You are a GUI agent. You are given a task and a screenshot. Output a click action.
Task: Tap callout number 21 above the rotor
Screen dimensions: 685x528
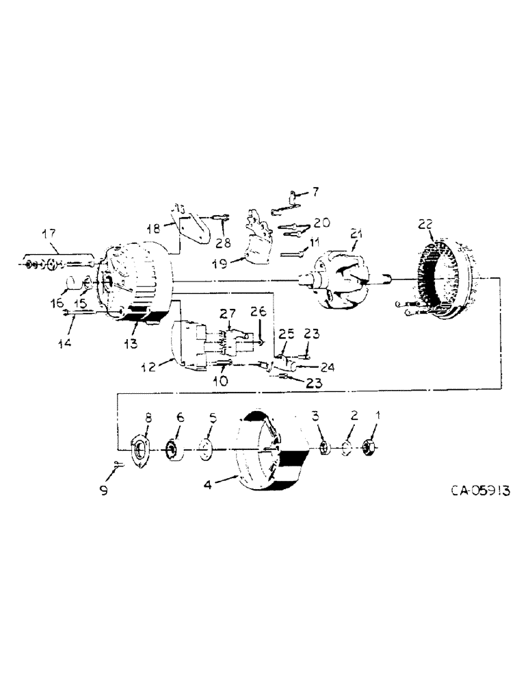(x=356, y=236)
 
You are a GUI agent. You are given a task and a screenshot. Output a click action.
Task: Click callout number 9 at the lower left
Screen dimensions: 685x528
(x=104, y=490)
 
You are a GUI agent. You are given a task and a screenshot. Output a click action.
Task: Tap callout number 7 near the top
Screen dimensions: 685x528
(x=315, y=192)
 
